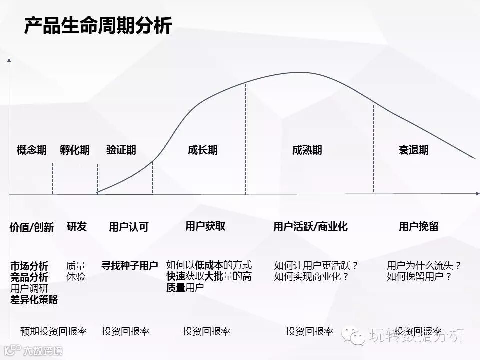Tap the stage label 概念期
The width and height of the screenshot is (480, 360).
pos(32,150)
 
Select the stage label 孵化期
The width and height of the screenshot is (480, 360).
pos(75,150)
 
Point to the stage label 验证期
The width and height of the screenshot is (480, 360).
pos(121,150)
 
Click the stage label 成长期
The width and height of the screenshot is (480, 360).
pos(203,150)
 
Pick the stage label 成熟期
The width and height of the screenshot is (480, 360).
pos(307,150)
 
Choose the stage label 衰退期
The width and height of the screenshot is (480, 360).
pos(413,150)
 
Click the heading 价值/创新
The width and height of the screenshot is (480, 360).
pos(32,227)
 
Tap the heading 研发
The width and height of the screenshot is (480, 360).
pos(76,226)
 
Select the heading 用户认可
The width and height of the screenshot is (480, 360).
pos(129,227)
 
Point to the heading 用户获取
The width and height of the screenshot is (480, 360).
pos(205,226)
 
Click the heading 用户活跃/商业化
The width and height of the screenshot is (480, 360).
pos(310,227)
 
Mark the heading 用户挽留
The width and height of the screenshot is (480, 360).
pos(418,226)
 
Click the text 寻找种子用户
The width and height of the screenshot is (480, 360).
pos(130,265)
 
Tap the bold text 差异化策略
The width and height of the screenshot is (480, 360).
pos(34,299)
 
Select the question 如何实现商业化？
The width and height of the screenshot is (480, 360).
pos(311,276)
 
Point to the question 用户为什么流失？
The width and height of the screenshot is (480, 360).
pos(424,265)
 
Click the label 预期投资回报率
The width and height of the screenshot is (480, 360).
pos(54,331)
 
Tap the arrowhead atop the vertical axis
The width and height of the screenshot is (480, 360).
pos(9,61)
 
